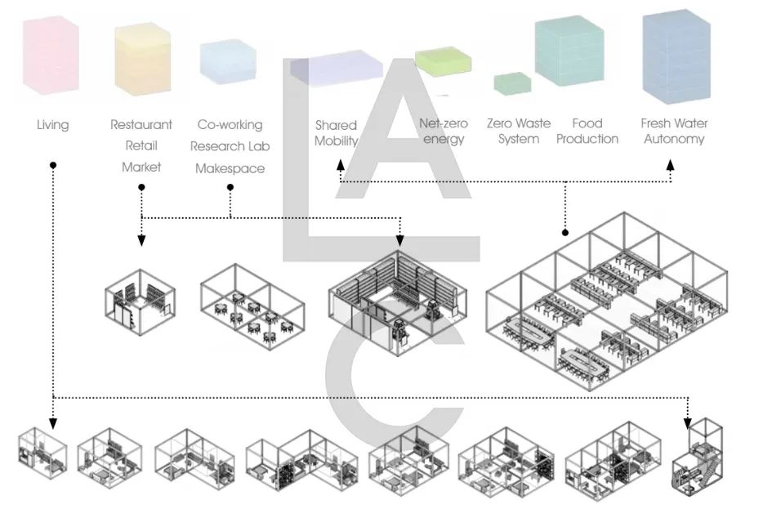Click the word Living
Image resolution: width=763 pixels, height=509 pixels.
coord(53,125)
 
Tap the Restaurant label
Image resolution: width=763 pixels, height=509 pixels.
coord(141,125)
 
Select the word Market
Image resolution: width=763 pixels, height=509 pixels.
coord(141,167)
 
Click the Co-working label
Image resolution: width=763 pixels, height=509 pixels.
coord(230,125)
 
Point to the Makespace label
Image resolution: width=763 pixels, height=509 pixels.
coord(230,168)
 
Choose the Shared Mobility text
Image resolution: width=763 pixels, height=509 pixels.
coord(337,132)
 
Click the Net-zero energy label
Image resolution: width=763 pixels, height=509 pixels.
coord(444,131)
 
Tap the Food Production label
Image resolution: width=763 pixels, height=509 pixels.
coord(587,131)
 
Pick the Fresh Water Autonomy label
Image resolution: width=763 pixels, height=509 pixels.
coord(674,131)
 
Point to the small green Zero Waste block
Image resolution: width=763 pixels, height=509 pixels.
coord(513,83)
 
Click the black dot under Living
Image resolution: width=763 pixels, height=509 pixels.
coord(53,164)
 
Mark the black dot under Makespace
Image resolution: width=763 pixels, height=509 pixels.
coord(230,187)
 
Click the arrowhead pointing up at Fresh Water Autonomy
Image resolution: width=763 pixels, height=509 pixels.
coord(671,164)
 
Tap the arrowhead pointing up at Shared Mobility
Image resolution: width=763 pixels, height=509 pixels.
coord(341,164)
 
